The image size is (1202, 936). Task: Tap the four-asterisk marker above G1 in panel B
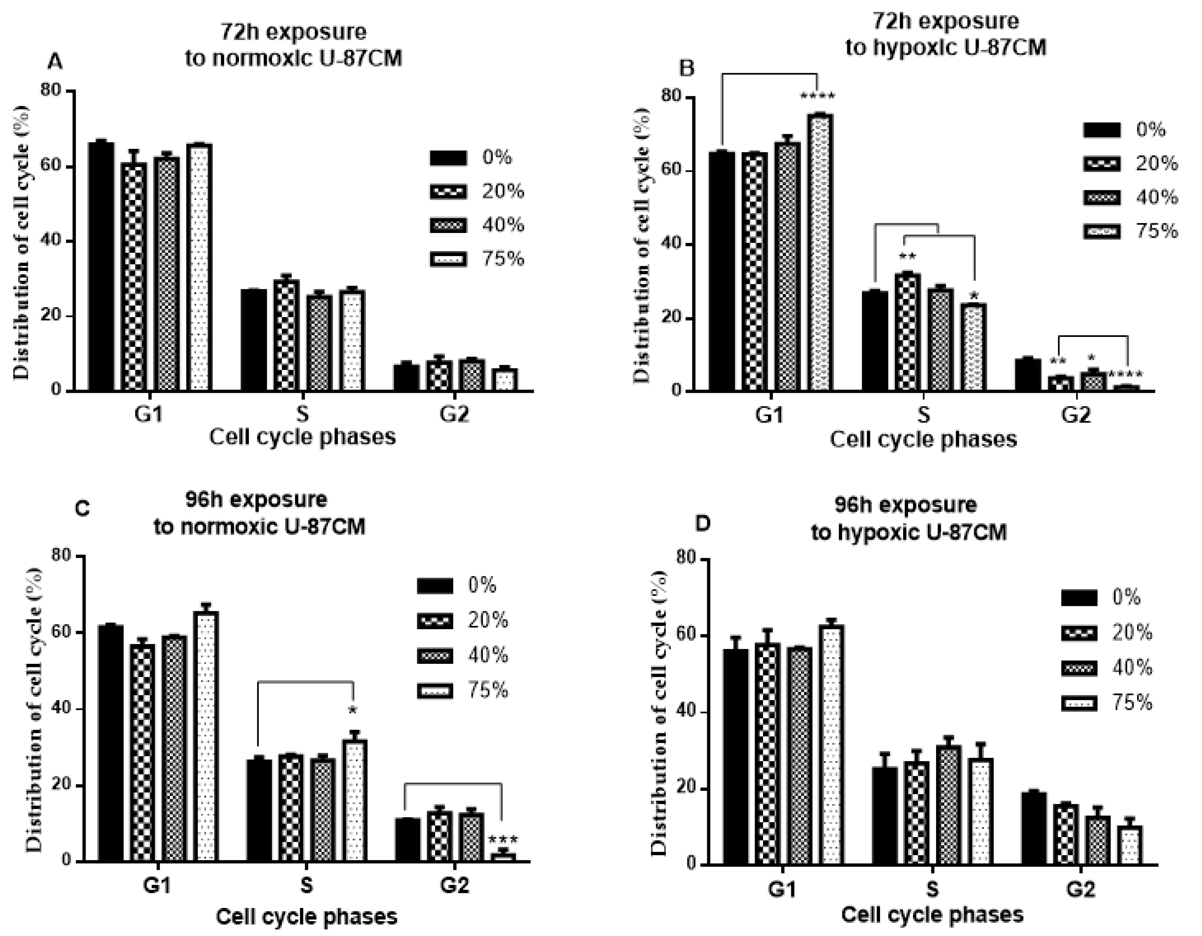817,97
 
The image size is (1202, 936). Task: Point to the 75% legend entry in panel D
1106,703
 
